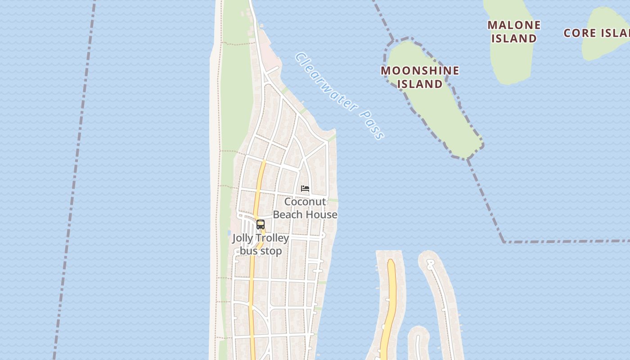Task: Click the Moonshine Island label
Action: pos(420,77)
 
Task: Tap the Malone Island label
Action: pos(514,31)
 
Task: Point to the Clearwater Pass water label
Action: pos(340,96)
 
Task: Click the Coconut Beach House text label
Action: pos(305,208)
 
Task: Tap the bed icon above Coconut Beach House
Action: pos(305,189)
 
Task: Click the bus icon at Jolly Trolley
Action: pos(261,224)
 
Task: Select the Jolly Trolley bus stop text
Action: pos(261,244)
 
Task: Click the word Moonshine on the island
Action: pos(420,71)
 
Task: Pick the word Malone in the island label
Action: pos(514,25)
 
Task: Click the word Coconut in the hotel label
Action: pos(305,202)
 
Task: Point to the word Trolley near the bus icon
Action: pos(272,238)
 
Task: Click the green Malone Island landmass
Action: pos(511,63)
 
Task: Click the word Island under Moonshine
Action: pos(420,84)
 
